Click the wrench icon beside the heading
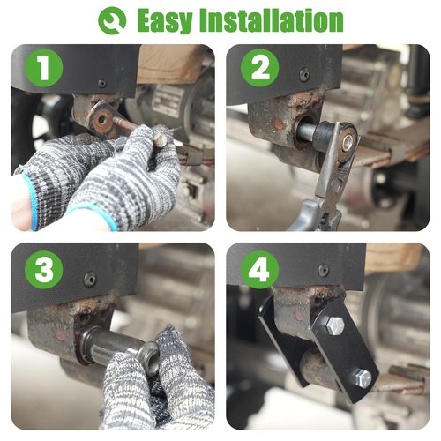[112, 20]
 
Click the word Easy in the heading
[165, 21]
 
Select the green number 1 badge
[44, 68]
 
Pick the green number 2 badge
[260, 68]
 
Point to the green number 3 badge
[44, 270]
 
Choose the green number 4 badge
[260, 270]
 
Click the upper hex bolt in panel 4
[335, 325]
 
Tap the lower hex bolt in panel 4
[363, 378]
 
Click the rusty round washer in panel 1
[101, 119]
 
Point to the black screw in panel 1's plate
[102, 84]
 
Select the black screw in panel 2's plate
[304, 74]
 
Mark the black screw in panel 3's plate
[90, 279]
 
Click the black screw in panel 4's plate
[324, 270]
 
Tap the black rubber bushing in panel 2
[325, 134]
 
